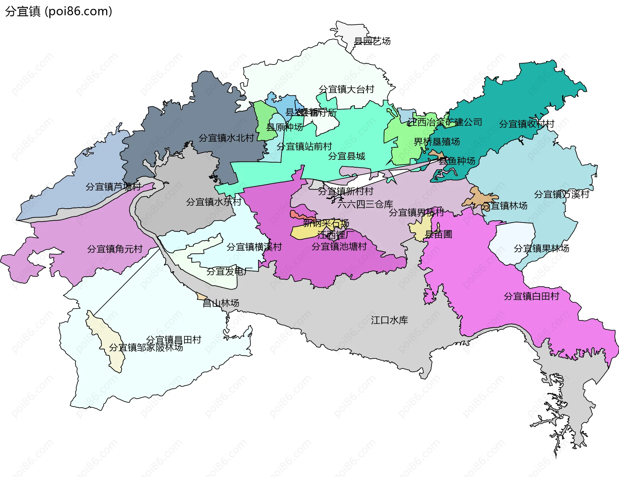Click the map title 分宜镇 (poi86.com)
coord(58,11)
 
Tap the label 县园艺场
coord(372,41)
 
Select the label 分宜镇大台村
coord(346,89)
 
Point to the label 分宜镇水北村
coord(226,138)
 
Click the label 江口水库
coord(389,320)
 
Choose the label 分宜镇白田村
coord(531,296)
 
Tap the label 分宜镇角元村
coord(115,249)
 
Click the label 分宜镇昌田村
coord(173,339)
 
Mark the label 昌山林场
coord(221,303)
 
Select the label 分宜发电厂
coord(229,272)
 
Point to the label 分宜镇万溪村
coord(561,194)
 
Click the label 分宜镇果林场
coord(541,248)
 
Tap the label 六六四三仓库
coord(365,204)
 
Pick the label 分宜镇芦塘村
coord(113,186)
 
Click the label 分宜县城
coord(347,156)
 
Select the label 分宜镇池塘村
coord(339,246)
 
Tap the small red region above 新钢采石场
coord(295,215)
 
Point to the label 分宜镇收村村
coord(526,124)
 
